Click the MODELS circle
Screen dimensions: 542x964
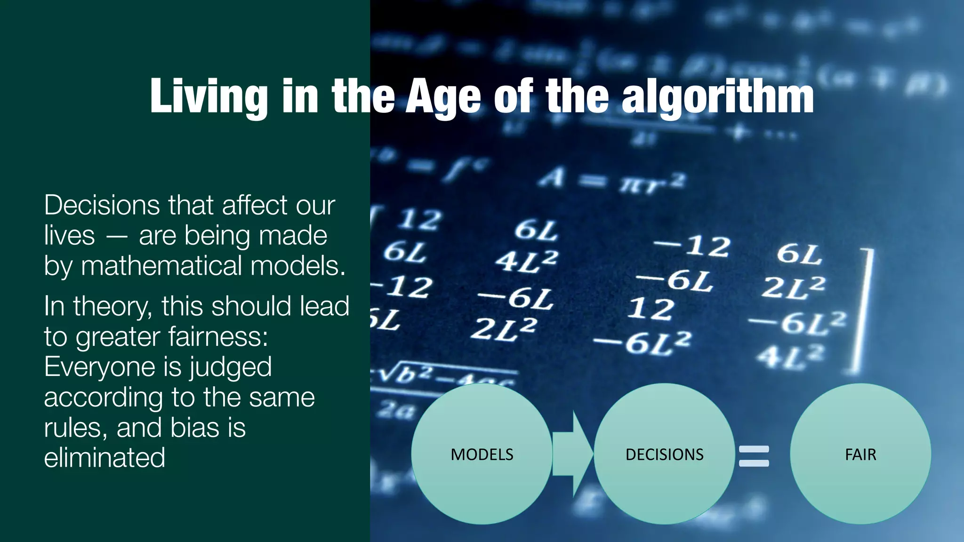point(482,454)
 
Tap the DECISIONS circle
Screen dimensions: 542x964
point(664,454)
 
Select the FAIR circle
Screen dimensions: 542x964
point(860,454)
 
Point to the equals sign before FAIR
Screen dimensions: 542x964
point(754,456)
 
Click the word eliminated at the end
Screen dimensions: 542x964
point(104,458)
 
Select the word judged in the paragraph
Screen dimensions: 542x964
point(230,367)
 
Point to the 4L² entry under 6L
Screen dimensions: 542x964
point(526,261)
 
